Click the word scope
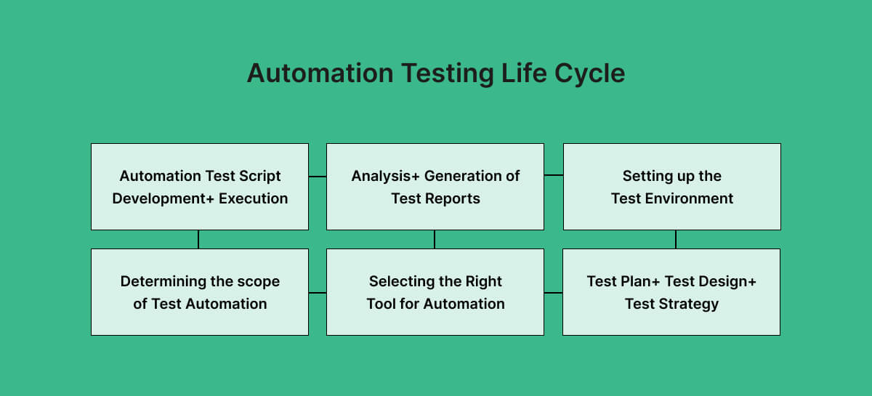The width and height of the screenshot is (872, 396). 259,281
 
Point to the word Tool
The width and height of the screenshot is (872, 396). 381,304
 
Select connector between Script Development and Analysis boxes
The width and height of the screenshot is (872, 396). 318,176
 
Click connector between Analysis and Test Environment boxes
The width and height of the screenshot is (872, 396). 554,175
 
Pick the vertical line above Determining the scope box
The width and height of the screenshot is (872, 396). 198,239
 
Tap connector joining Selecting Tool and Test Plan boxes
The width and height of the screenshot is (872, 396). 553,293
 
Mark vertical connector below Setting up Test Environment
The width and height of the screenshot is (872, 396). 676,239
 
